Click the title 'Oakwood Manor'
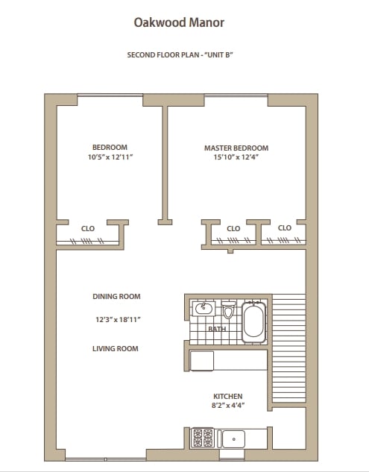[x=179, y=22]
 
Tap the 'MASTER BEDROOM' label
[x=236, y=148]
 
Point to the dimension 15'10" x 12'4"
[x=236, y=157]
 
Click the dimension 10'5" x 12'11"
[x=110, y=157]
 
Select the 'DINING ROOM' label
[x=116, y=296]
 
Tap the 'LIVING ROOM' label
[x=116, y=348]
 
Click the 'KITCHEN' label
[x=228, y=396]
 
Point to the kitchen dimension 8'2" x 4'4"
[x=228, y=406]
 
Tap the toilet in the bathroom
[x=229, y=311]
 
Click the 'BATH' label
[x=217, y=329]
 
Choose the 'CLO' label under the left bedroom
[x=87, y=227]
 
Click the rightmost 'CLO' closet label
[x=285, y=227]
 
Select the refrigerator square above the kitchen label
[x=202, y=360]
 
